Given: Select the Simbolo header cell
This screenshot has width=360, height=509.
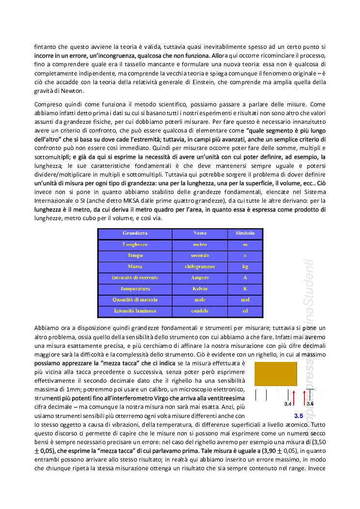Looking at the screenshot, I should pyautogui.click(x=245, y=233).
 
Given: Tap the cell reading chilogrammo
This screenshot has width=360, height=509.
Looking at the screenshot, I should pyautogui.click(x=199, y=266).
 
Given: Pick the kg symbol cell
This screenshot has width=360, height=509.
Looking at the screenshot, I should pyautogui.click(x=245, y=266).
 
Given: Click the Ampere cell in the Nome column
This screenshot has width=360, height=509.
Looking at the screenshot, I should pyautogui.click(x=199, y=277).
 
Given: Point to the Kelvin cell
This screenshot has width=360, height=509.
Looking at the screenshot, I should pyautogui.click(x=199, y=288).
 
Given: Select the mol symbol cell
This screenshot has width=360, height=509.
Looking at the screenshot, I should pyautogui.click(x=245, y=299).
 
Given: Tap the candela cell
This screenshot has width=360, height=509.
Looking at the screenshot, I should pyautogui.click(x=199, y=311).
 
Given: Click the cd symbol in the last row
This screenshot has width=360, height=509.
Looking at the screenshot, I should pyautogui.click(x=245, y=311).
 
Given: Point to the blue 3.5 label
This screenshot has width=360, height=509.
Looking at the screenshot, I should pyautogui.click(x=298, y=416).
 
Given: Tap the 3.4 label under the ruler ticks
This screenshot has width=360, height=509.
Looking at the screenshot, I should pyautogui.click(x=287, y=404).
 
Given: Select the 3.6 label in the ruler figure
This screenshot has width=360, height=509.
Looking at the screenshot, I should pyautogui.click(x=310, y=404).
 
